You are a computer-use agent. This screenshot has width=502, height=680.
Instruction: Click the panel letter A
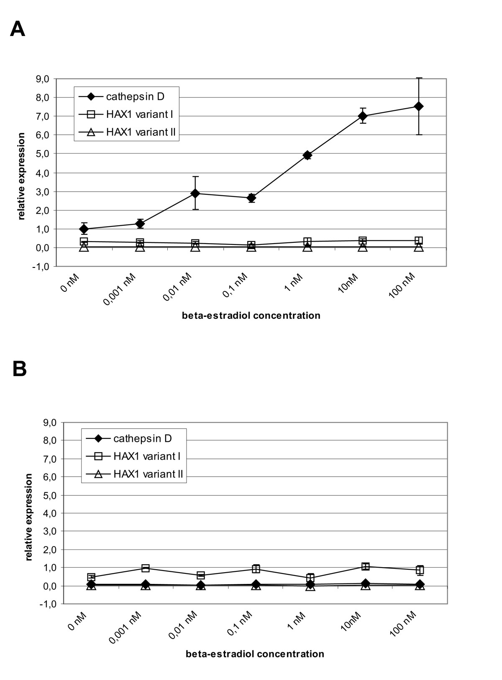click(x=17, y=29)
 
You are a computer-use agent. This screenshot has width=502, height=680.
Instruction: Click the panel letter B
click(x=19, y=369)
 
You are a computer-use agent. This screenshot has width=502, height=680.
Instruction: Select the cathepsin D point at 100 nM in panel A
click(x=419, y=106)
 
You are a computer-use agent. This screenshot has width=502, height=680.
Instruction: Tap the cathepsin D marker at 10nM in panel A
click(x=363, y=116)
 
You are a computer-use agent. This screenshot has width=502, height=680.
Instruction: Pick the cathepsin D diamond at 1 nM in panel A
click(x=307, y=155)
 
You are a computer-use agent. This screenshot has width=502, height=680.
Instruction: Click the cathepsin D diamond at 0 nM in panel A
click(x=84, y=229)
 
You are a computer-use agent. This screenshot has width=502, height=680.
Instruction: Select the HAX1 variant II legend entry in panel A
click(x=127, y=132)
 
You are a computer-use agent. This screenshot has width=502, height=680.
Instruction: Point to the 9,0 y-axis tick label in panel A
click(x=43, y=79)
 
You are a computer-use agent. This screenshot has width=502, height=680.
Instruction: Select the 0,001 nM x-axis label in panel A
click(x=119, y=289)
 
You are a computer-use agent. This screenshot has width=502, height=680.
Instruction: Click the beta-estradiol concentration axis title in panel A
click(x=251, y=316)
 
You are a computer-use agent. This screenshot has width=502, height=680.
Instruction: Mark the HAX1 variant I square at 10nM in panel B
click(x=366, y=566)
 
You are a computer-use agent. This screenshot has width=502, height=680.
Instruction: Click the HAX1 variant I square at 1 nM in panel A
click(x=307, y=241)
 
